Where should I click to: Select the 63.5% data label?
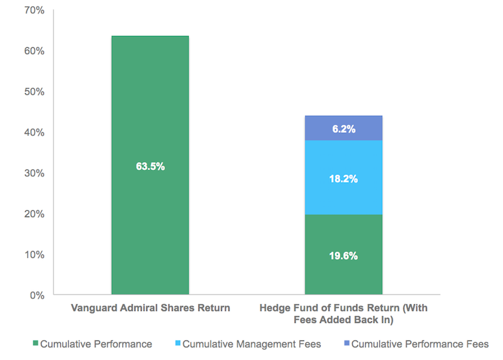click(x=150, y=167)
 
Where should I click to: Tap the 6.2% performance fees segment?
click(x=343, y=129)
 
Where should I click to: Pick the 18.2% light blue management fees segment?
click(x=343, y=178)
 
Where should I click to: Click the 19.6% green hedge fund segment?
click(x=343, y=255)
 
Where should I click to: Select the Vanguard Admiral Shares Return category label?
click(x=150, y=308)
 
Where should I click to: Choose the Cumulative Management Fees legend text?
click(x=252, y=344)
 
